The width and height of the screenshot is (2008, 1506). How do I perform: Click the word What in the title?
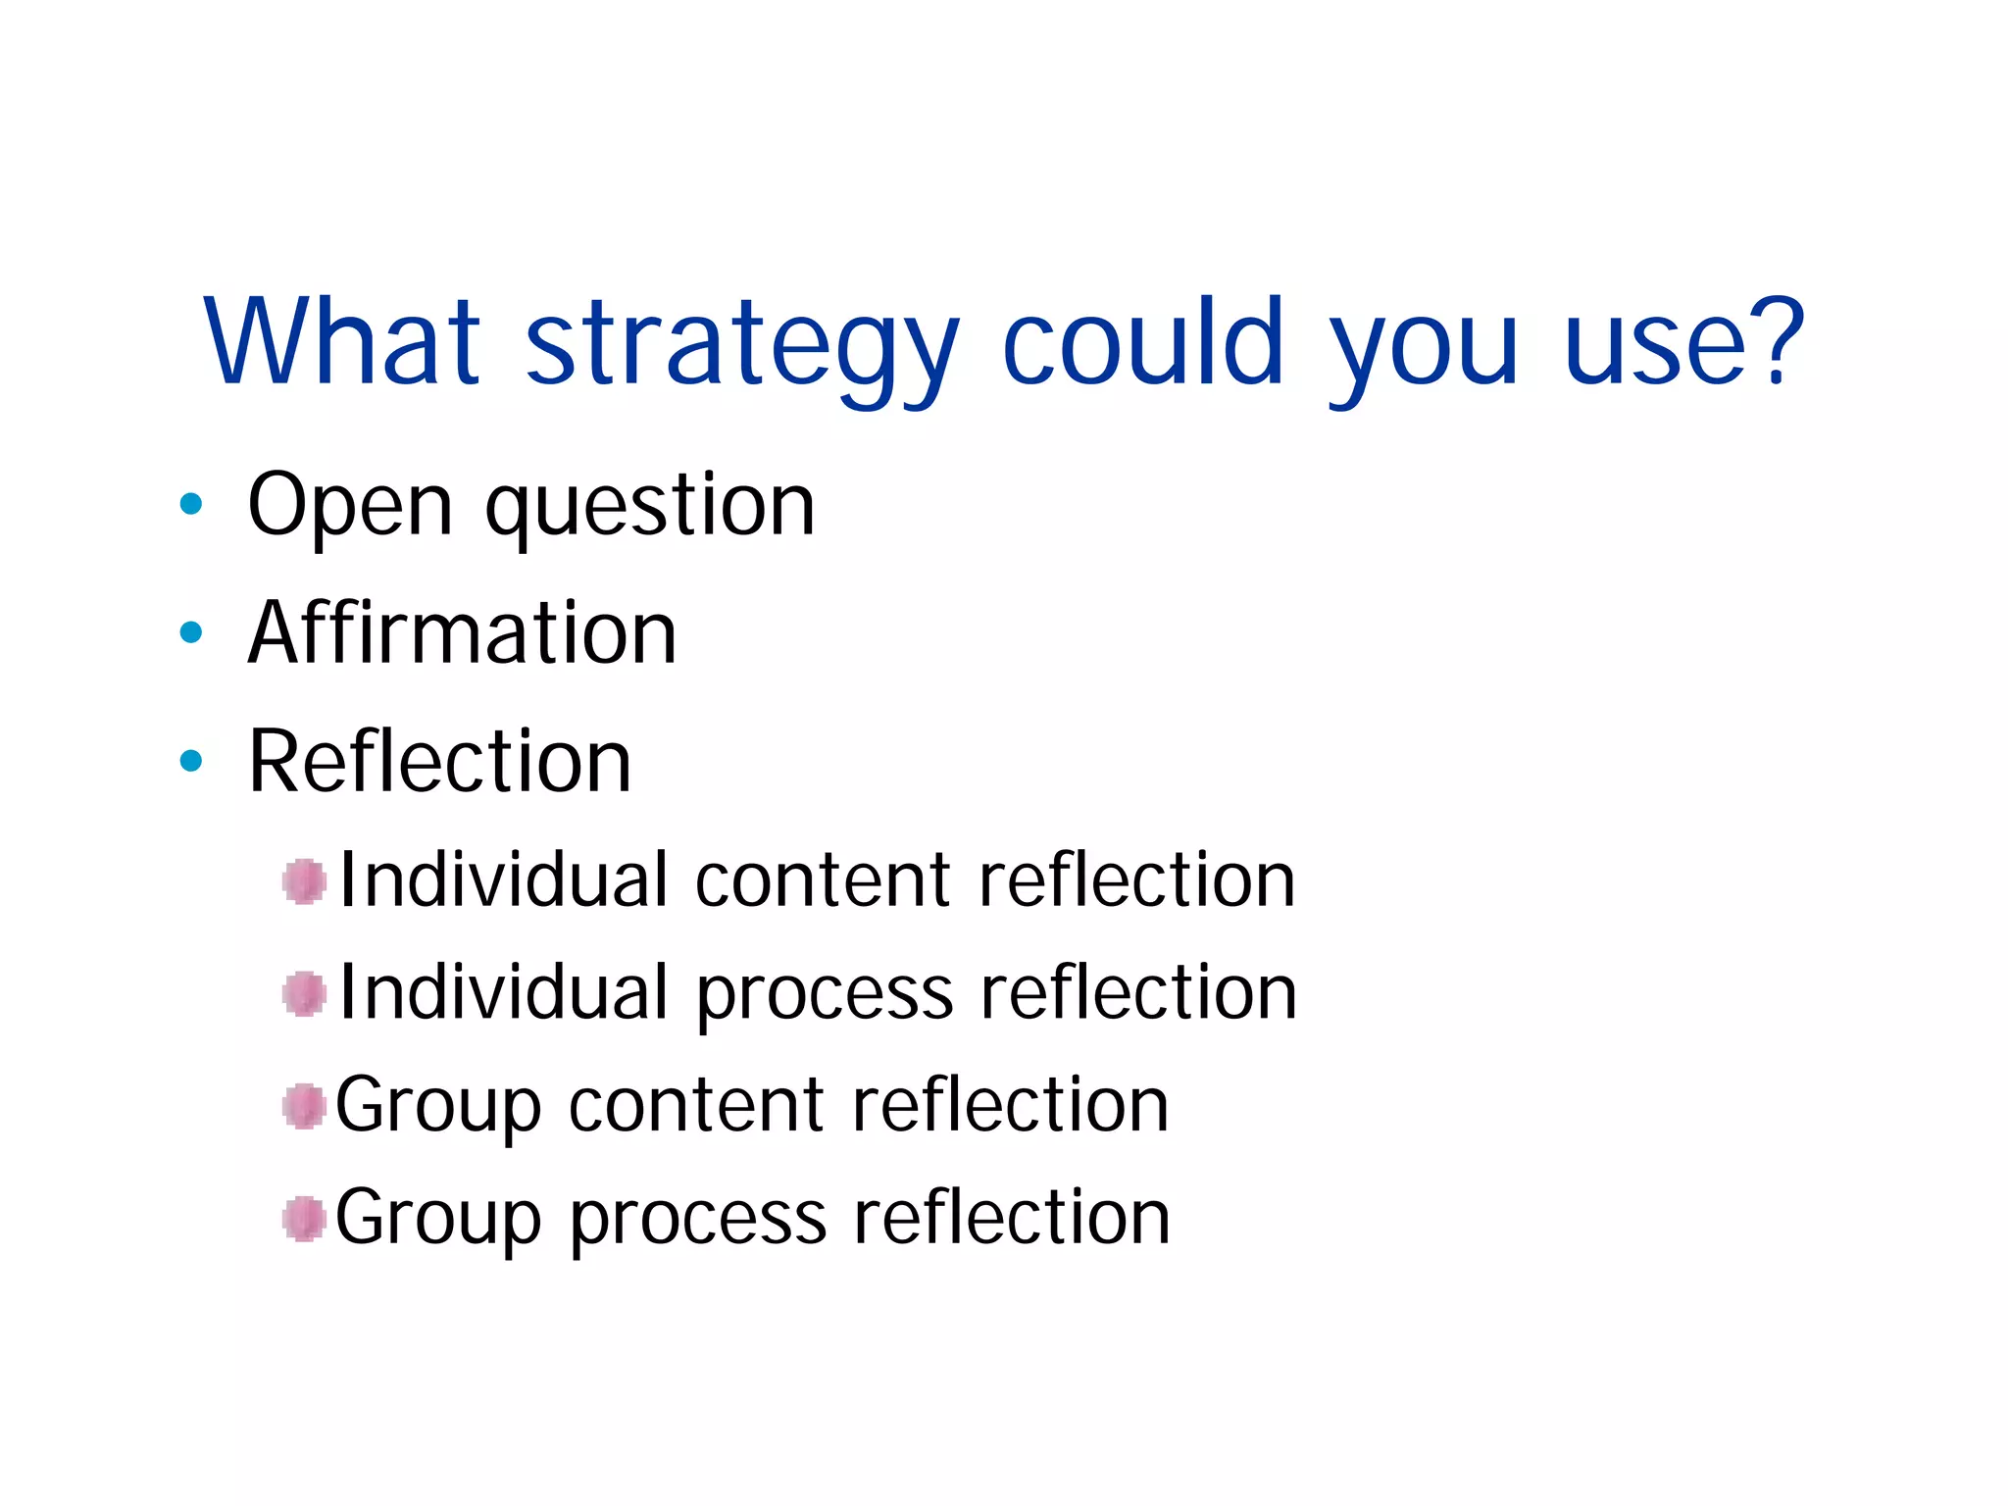tap(342, 341)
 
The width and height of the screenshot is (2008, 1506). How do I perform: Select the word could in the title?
tap(1142, 341)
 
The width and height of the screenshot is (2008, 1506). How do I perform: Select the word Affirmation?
tap(463, 632)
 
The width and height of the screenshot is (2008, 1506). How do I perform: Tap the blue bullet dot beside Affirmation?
tap(191, 632)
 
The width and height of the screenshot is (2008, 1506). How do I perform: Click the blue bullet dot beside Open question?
tap(191, 505)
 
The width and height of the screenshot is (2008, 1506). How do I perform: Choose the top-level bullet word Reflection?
tap(440, 761)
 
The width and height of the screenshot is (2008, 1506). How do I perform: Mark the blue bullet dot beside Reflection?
tap(191, 760)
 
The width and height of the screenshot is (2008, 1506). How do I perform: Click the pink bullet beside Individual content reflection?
tap(304, 880)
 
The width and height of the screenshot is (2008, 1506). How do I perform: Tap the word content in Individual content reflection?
tap(823, 879)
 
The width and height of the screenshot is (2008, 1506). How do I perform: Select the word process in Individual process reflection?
tap(824, 994)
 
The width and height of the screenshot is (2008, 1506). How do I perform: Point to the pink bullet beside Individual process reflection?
tap(304, 994)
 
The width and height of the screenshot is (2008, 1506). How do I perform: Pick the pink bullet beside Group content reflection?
tap(304, 1106)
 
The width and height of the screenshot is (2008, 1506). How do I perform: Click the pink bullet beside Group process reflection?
tap(304, 1219)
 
